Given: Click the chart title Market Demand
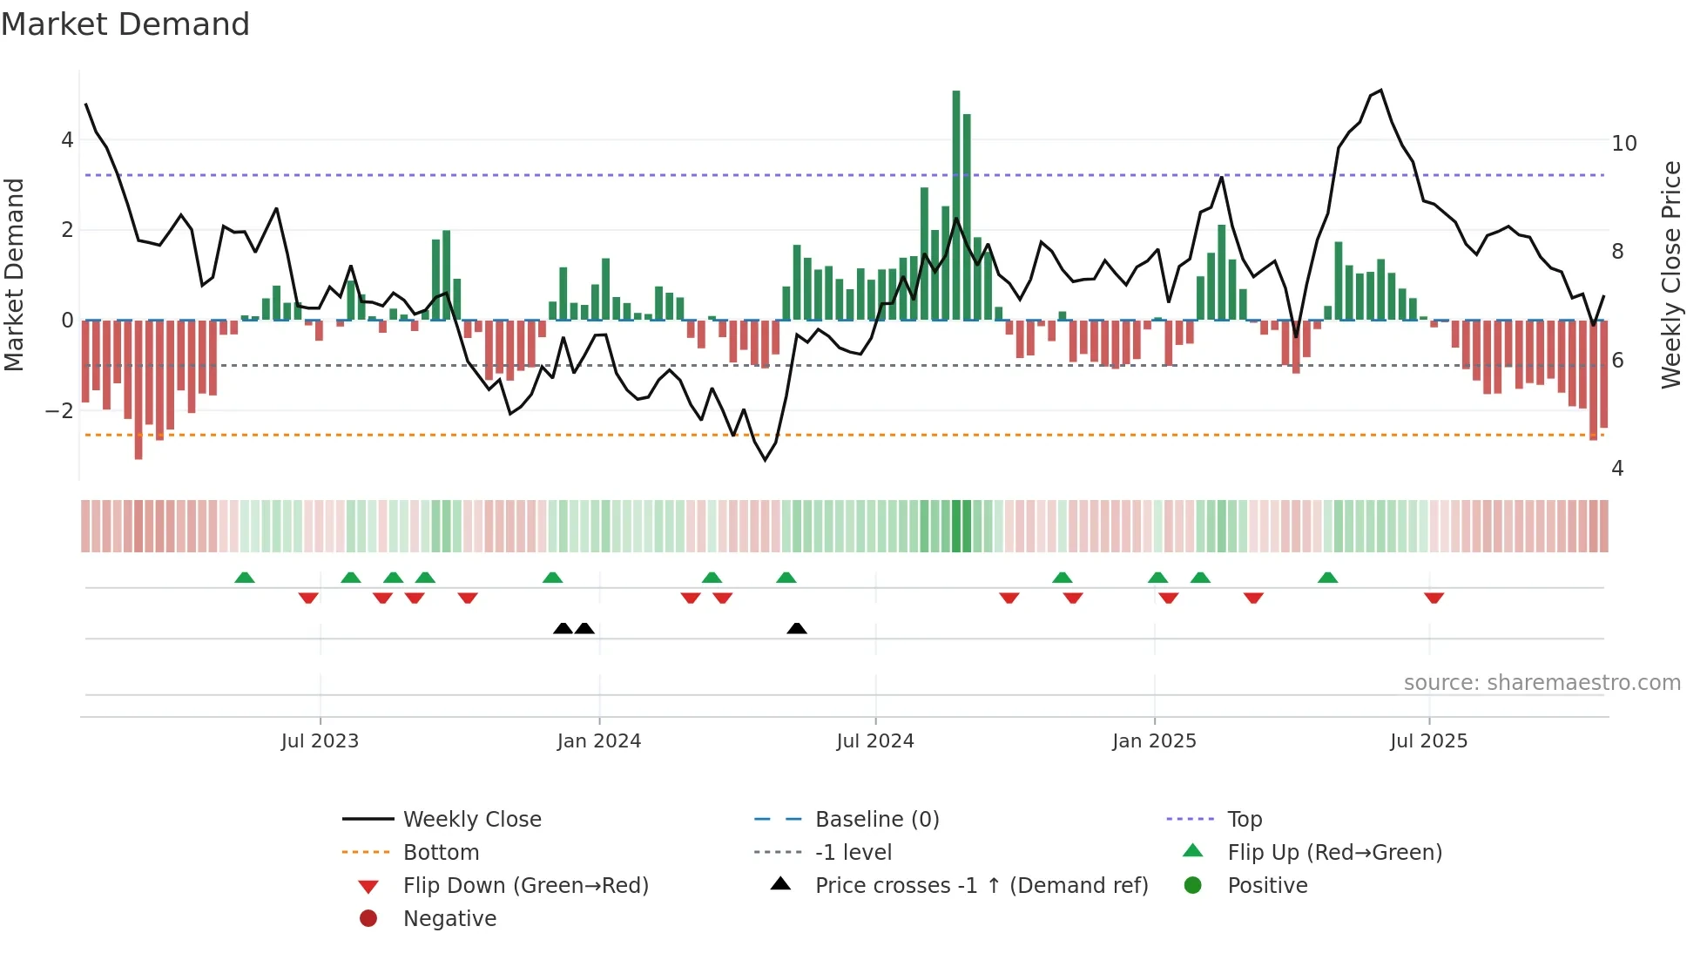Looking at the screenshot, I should click(125, 24).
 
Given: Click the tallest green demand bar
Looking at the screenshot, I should click(956, 205).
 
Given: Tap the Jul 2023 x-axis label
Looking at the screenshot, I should click(320, 741).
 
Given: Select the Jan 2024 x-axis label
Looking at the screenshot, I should click(599, 741).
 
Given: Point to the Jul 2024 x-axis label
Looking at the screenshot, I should click(875, 741).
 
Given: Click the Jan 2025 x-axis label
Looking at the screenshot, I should click(1154, 741).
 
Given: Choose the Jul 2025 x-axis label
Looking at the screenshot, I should click(1429, 741).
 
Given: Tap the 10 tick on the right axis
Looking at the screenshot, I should click(1624, 144).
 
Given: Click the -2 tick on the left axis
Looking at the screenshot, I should click(59, 411).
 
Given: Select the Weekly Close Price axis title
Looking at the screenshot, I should click(1671, 274).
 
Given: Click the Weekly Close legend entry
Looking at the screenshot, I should click(471, 820).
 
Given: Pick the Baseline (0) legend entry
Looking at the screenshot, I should click(876, 820).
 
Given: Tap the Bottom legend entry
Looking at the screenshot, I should click(441, 853).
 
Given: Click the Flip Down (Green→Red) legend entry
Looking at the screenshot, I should click(525, 886).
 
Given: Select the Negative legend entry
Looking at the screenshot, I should click(449, 919).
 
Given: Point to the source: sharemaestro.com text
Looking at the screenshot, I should click(1542, 683).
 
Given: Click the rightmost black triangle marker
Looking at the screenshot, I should click(797, 629).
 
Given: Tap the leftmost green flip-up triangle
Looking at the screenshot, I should click(245, 578).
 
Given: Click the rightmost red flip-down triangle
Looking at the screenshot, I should click(1434, 598).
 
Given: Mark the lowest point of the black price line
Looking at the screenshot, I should click(766, 460).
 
